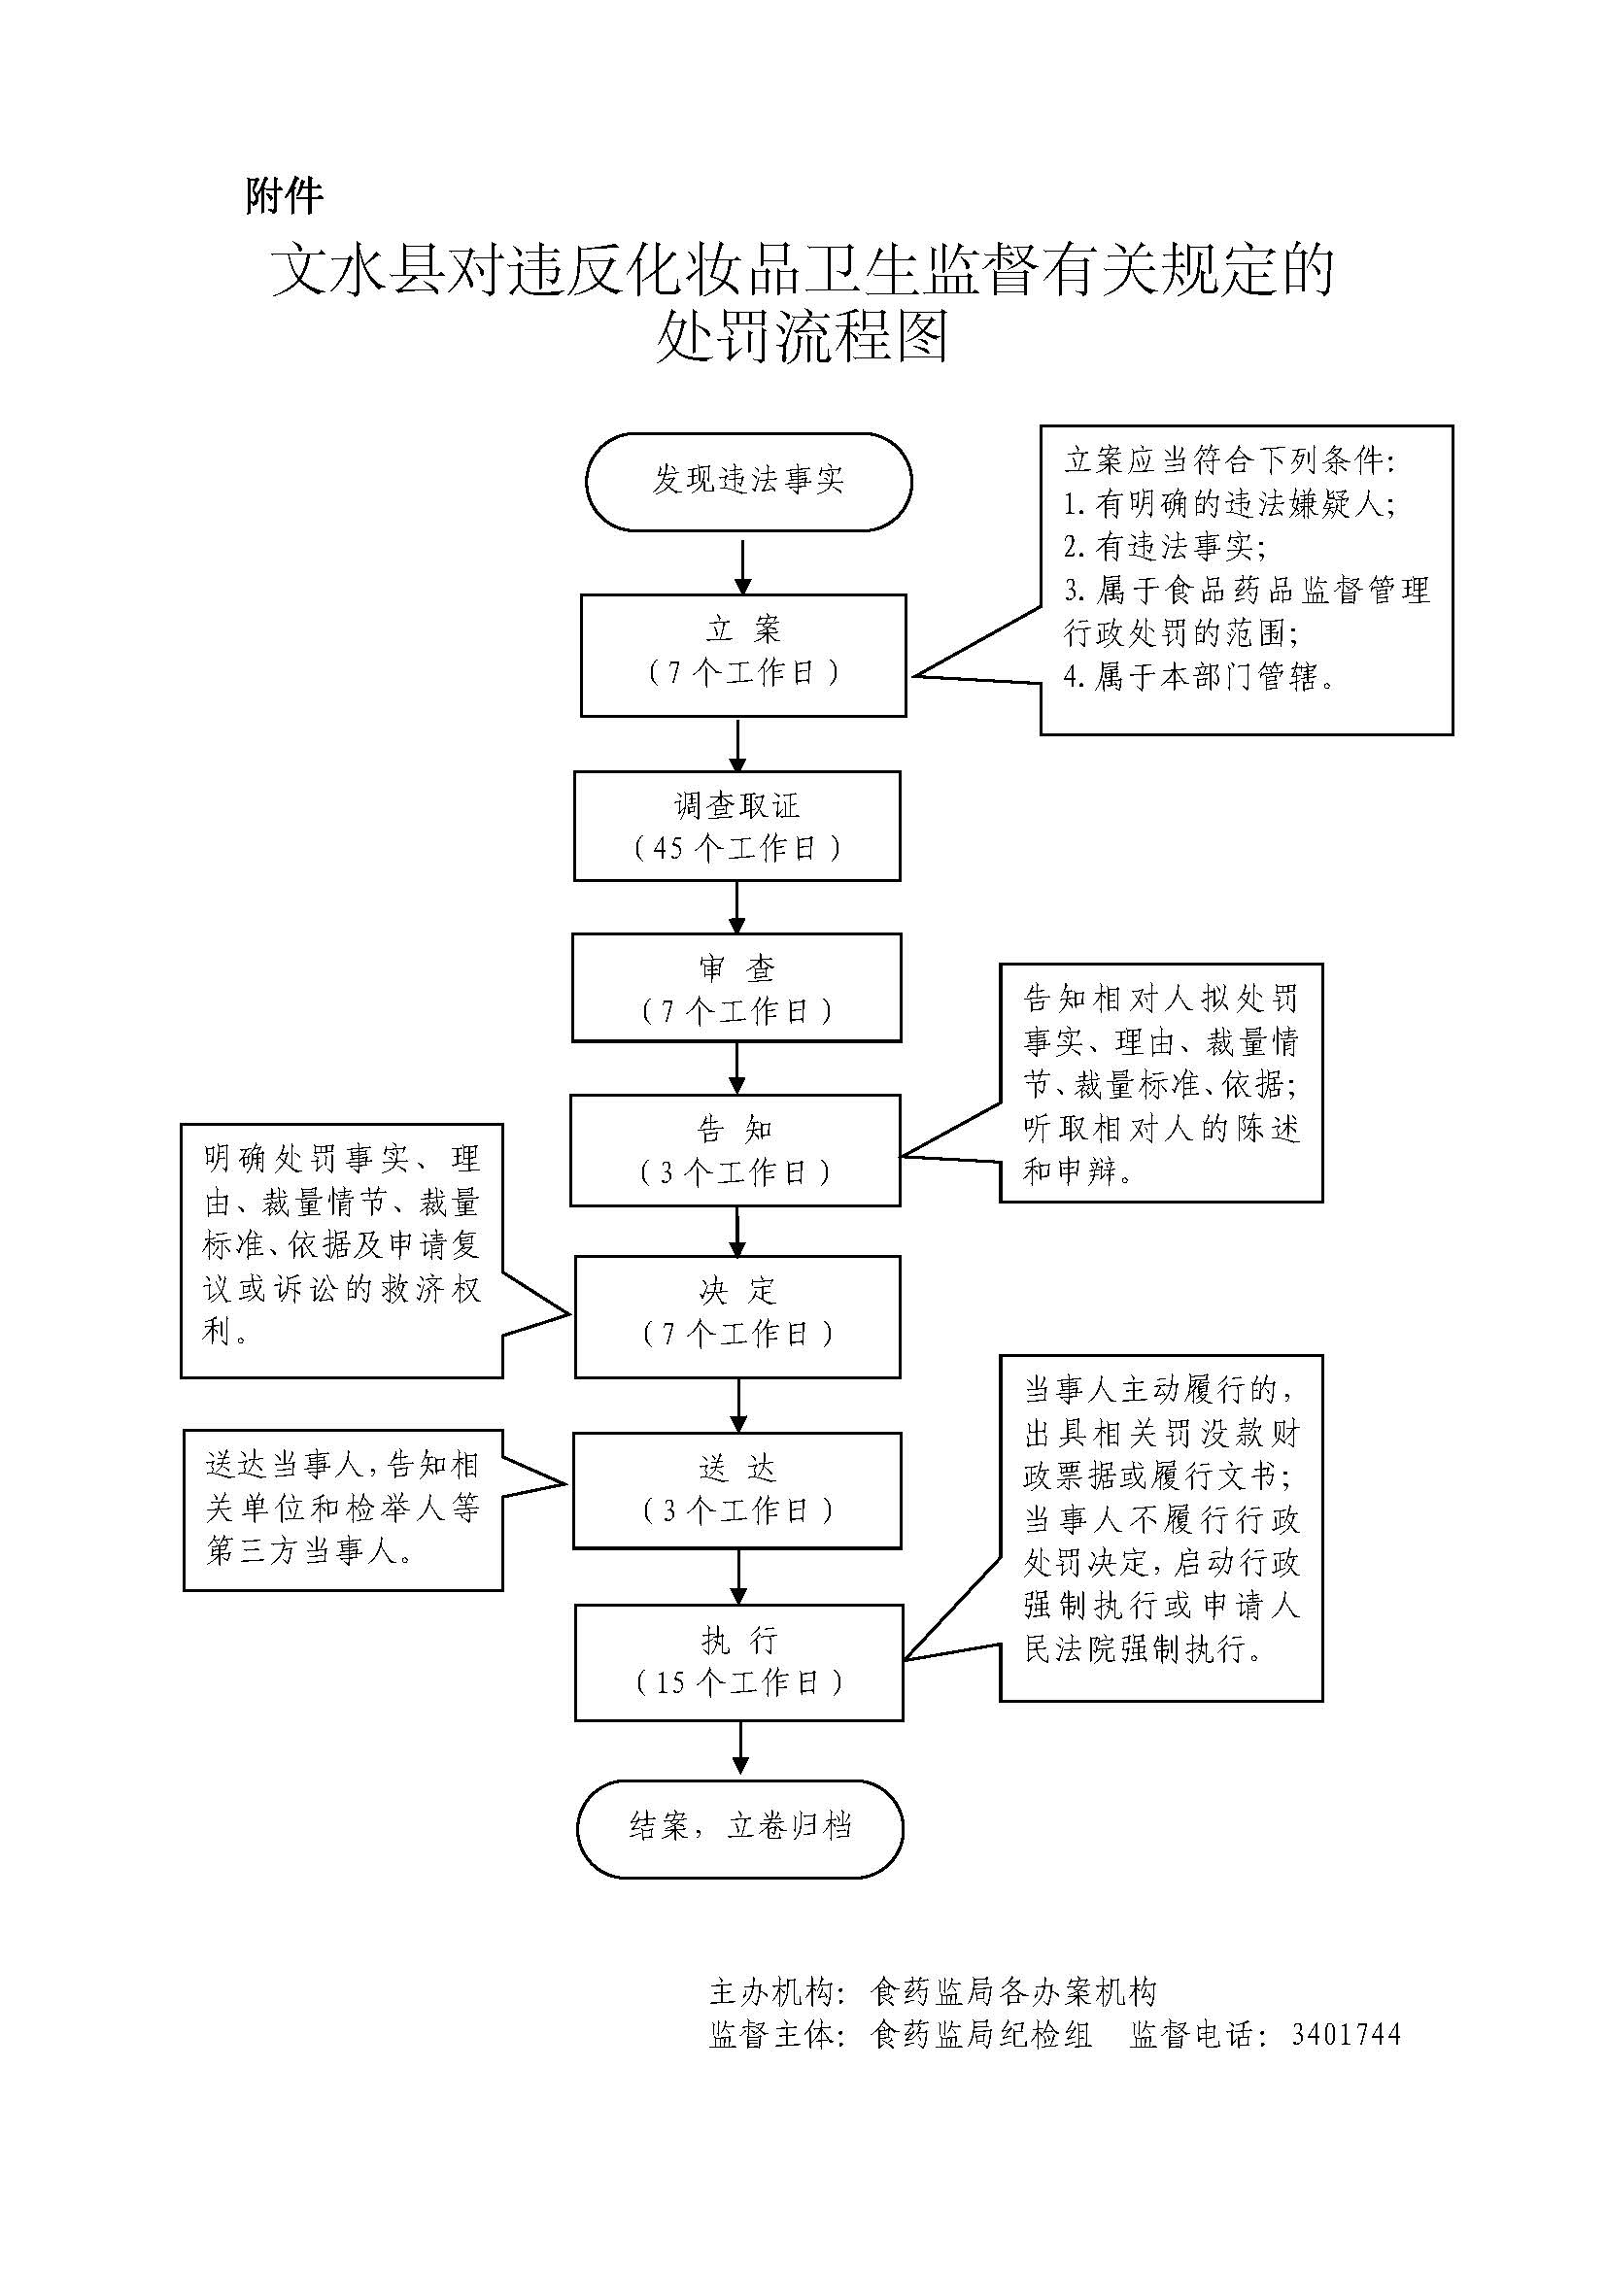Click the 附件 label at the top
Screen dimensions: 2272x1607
click(x=284, y=197)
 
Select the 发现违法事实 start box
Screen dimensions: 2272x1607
click(x=748, y=481)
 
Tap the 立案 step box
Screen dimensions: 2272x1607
click(x=743, y=654)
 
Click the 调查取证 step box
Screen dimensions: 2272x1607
click(x=737, y=826)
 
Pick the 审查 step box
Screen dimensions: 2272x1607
click(x=736, y=987)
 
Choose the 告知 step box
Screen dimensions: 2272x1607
click(x=735, y=1149)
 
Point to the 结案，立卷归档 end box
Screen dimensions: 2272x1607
click(x=740, y=1828)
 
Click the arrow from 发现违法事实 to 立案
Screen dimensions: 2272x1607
click(x=743, y=564)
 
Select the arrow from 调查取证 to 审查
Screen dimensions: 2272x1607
click(x=737, y=907)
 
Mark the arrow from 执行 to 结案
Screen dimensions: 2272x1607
click(x=740, y=1749)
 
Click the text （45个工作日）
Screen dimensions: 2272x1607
click(x=737, y=848)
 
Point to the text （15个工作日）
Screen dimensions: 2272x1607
click(x=739, y=1682)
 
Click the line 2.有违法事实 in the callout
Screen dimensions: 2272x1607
click(x=1164, y=547)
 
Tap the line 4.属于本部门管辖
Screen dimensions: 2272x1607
click(x=1199, y=677)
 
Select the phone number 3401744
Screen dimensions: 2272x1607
click(x=1346, y=2035)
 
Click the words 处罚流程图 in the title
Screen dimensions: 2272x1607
click(x=803, y=337)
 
